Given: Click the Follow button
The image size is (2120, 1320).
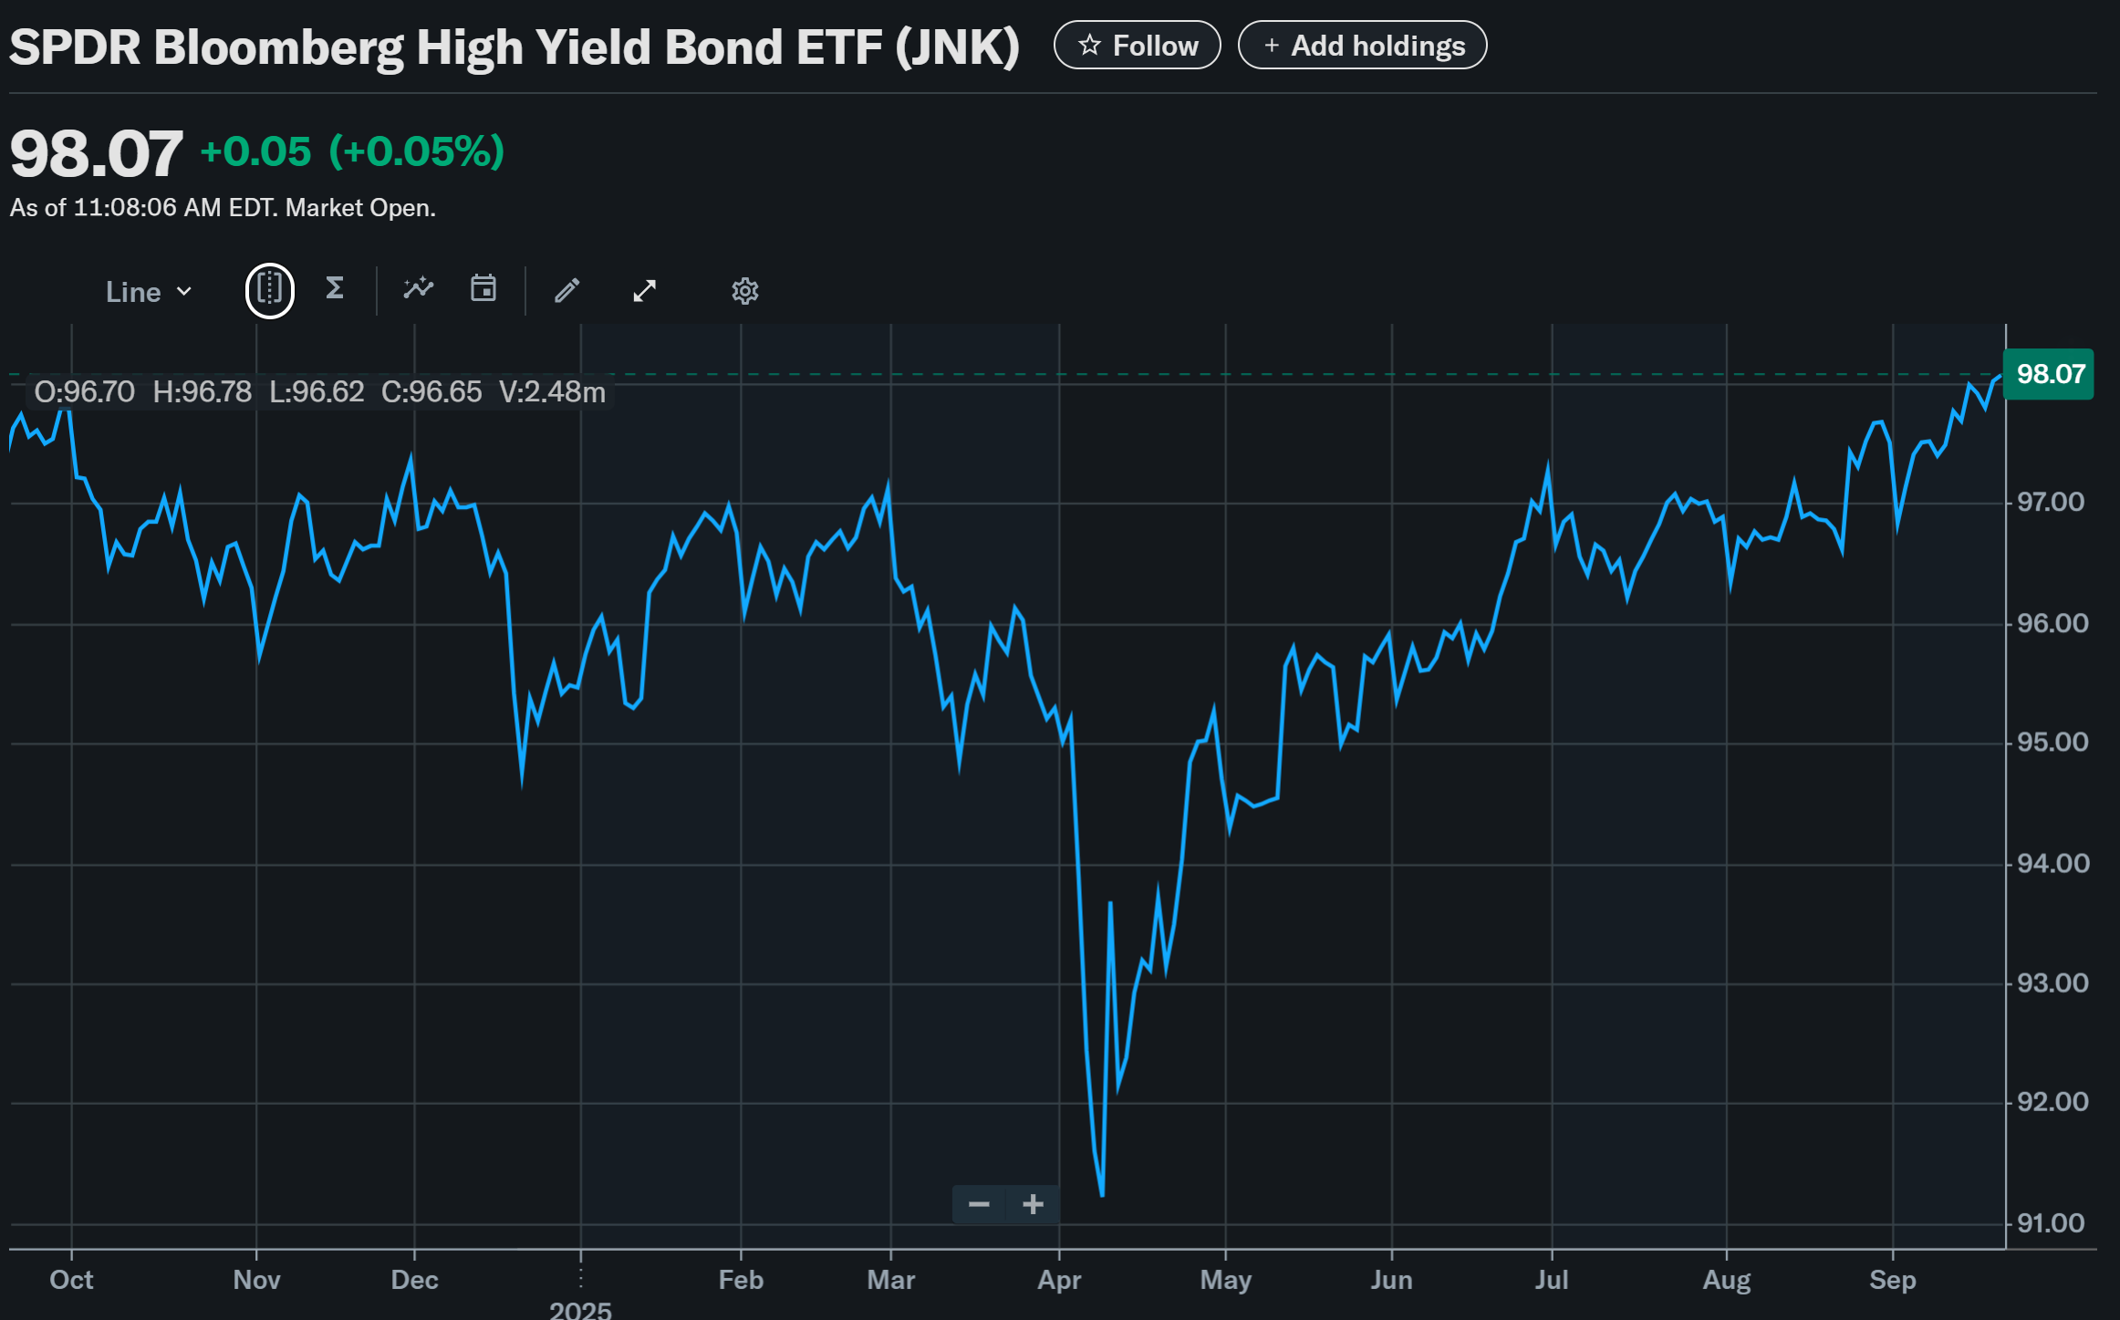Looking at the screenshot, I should [1137, 46].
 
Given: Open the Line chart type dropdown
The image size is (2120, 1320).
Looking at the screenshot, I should [149, 292].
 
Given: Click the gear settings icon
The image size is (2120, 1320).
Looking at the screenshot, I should [744, 291].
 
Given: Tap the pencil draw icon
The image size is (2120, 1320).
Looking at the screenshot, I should [566, 291].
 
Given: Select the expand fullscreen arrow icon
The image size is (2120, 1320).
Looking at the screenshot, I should [645, 291].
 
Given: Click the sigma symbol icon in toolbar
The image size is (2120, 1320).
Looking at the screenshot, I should [335, 289].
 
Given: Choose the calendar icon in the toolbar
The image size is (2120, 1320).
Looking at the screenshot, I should [483, 289].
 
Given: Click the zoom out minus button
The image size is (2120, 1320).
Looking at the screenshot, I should [979, 1205].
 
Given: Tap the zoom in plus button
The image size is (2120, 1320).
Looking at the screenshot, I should [1033, 1205].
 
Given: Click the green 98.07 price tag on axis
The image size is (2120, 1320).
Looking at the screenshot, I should [2049, 374].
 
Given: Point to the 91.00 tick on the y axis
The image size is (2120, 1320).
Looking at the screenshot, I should [2051, 1223].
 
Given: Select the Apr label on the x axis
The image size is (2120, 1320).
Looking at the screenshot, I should [1059, 1280].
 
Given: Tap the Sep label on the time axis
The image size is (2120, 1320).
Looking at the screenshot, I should [1892, 1280].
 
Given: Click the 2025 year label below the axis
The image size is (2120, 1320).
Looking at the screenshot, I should [580, 1310].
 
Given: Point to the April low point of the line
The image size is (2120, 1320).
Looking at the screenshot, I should [1102, 1193].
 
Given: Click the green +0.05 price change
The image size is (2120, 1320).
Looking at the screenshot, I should [255, 152].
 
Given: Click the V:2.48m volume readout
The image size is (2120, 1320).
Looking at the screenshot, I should [552, 392].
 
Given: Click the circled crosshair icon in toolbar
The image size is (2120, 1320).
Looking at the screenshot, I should [270, 291].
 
